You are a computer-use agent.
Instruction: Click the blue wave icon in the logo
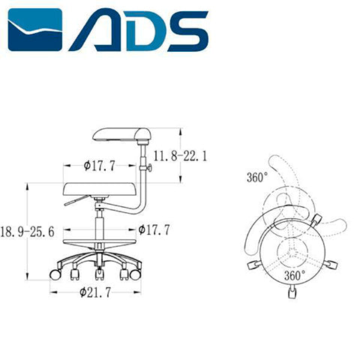coord(35,29)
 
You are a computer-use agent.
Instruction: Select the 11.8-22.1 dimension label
coord(179,156)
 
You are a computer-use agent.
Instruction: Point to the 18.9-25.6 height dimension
coord(28,232)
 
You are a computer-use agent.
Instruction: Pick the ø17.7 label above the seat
coord(99,166)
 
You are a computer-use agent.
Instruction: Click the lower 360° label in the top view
coord(294,275)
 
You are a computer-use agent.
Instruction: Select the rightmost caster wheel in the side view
coord(136,275)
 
